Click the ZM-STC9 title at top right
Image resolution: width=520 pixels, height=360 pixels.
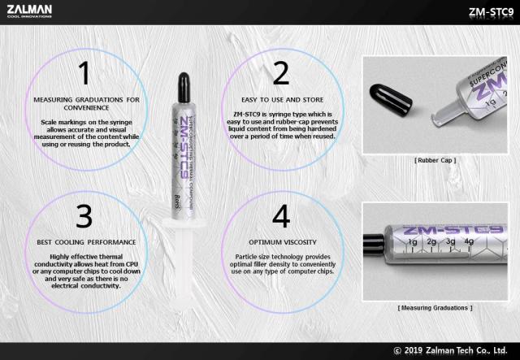click(488, 12)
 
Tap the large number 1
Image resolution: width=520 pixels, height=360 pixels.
click(84, 73)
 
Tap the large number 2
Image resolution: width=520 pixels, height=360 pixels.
click(281, 73)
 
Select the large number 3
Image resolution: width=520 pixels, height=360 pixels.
click(84, 216)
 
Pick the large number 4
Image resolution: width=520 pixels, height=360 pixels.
click(281, 216)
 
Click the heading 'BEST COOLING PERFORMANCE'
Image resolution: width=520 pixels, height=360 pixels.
click(84, 242)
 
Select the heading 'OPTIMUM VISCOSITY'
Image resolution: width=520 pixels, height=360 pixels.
click(281, 242)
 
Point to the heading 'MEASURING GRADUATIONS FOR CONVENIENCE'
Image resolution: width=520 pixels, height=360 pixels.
click(86, 104)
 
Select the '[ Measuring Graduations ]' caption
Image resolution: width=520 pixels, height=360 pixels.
click(435, 308)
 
